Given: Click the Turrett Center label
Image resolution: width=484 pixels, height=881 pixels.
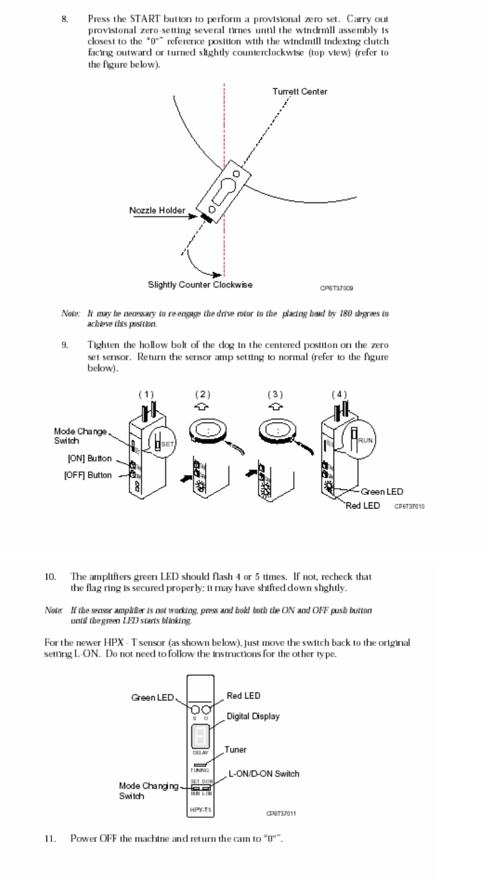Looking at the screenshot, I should pos(300,92).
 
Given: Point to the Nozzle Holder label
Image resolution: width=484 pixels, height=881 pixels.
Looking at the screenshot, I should pos(157,210).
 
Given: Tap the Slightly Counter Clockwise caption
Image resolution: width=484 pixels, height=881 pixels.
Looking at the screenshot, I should pos(200,285).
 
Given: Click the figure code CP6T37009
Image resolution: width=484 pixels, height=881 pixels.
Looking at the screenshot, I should pos(337,288).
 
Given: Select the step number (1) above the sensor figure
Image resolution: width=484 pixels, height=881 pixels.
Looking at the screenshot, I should pos(146,394).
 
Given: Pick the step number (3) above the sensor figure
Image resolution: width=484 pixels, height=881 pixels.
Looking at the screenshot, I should pos(275,394).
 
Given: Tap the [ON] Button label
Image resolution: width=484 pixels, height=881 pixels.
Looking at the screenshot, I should pos(90,458).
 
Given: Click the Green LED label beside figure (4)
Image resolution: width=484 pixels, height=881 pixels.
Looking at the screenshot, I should pos(382,492).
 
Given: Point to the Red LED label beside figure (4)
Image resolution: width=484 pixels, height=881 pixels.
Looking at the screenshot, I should pos(363,505).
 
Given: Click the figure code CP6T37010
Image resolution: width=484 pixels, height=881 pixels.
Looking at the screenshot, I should pos(410,506).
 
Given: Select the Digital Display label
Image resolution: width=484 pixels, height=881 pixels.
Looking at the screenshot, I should pos(253,716).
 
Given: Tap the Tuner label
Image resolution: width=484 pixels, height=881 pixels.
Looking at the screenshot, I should pos(235,750).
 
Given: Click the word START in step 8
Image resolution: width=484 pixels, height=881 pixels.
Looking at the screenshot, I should pos(129,20).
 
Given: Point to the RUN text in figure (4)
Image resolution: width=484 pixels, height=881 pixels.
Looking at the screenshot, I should pos(365,440).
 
